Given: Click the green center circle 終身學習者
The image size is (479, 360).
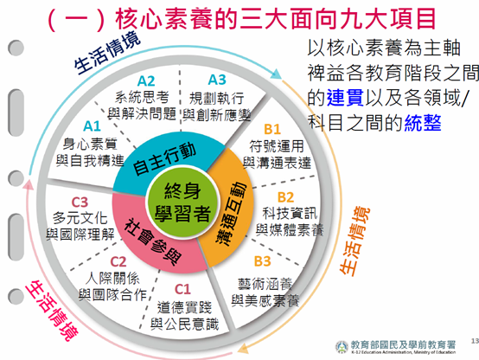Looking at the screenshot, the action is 182,202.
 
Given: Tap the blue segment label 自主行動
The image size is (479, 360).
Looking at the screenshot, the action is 164,158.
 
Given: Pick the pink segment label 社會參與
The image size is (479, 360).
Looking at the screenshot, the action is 154,241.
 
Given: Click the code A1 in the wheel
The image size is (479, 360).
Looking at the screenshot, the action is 92,126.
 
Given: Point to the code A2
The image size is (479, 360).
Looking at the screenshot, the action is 146,81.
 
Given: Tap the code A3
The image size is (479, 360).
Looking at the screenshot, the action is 217,80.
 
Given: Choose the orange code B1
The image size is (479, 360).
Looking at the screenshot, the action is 272,129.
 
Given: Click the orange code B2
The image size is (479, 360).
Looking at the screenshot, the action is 285,197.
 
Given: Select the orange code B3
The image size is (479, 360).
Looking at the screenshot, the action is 262,261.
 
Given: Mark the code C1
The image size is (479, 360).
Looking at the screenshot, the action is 182,289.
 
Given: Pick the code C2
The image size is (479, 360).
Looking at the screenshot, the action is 118,262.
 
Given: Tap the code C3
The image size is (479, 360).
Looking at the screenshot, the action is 80,202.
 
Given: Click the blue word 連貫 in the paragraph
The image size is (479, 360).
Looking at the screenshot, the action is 345,97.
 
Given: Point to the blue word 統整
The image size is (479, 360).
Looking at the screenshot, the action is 423,122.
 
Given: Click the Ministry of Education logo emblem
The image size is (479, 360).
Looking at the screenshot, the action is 342,347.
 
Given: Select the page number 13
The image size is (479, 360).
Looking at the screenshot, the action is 475,340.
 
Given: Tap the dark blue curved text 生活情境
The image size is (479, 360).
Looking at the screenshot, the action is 106,53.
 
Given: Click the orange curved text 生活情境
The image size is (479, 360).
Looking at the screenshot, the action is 354,241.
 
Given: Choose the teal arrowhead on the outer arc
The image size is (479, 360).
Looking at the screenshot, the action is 276,74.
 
